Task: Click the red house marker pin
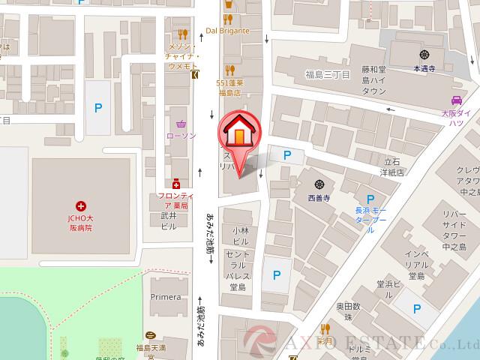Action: click(x=237, y=135)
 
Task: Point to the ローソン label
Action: click(x=180, y=136)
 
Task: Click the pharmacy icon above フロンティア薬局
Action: click(x=176, y=182)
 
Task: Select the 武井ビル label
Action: click(x=168, y=220)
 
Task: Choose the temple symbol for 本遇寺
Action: click(x=424, y=53)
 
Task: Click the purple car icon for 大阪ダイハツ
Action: click(x=455, y=100)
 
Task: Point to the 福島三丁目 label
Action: click(x=328, y=73)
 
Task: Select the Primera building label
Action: click(x=166, y=297)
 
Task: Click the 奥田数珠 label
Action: click(x=348, y=312)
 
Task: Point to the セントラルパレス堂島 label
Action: click(x=239, y=270)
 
